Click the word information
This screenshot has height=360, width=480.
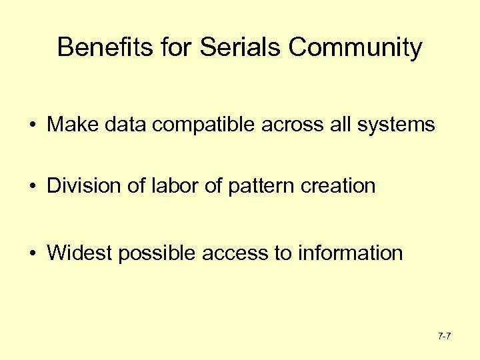tap(351, 253)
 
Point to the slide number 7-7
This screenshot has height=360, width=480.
tap(445, 336)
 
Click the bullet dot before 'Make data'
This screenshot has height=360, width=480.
tap(32, 125)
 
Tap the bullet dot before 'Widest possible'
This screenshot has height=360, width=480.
tap(32, 254)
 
